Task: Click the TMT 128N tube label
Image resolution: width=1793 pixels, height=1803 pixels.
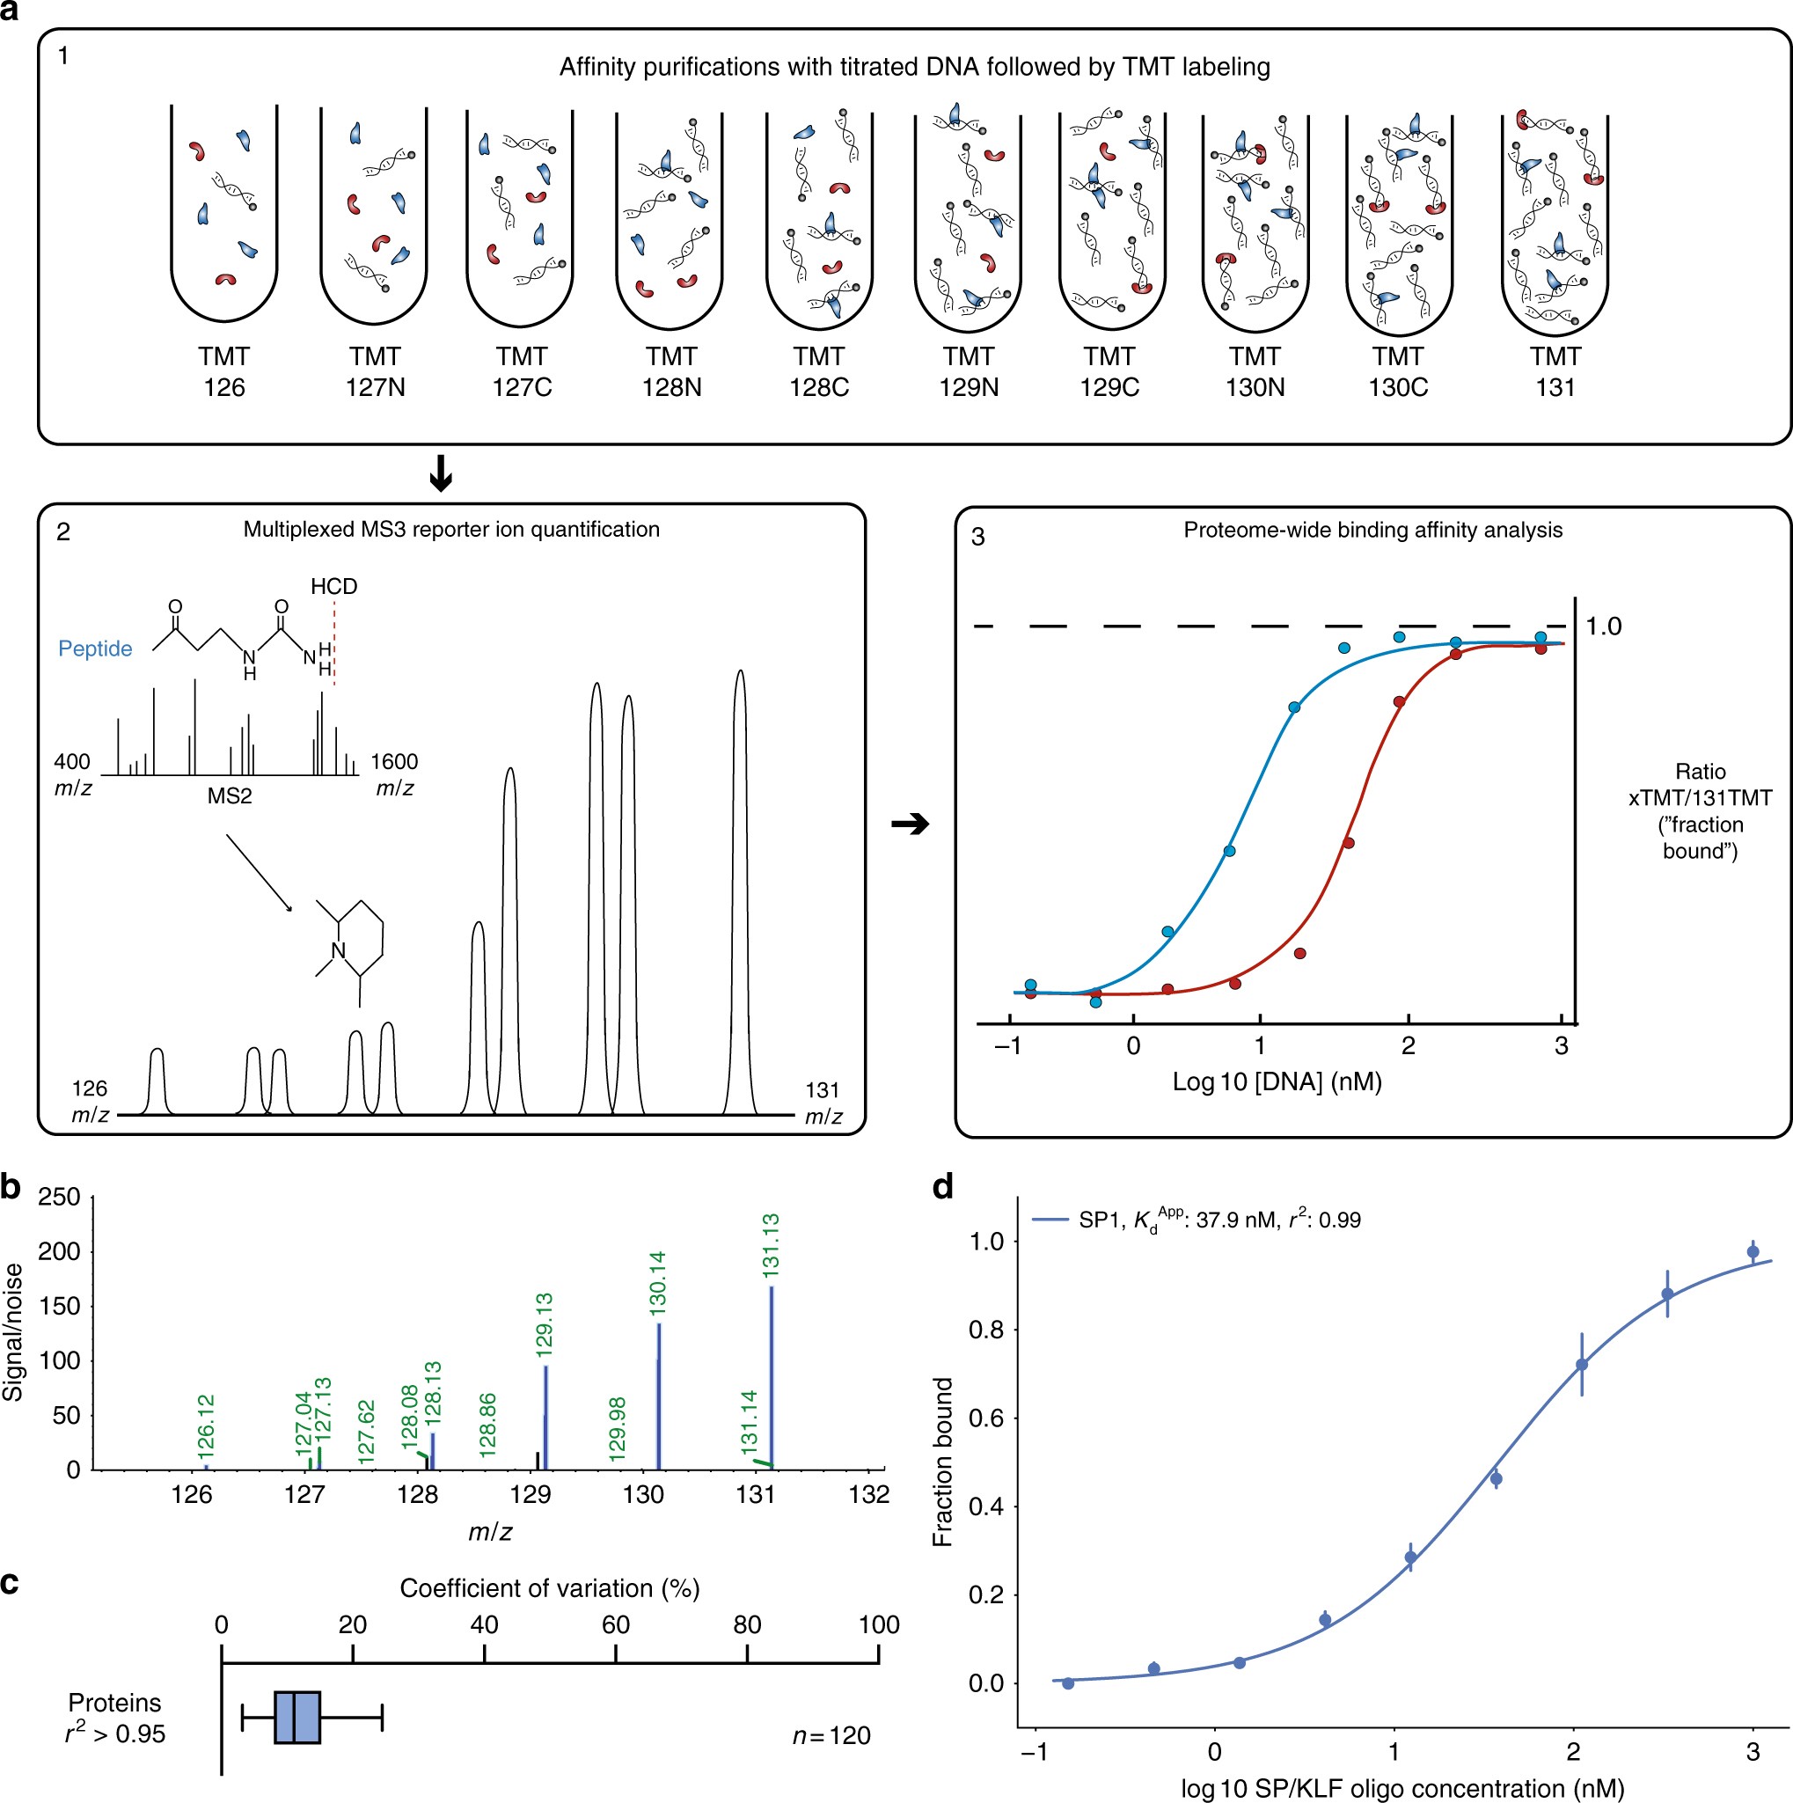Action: (671, 371)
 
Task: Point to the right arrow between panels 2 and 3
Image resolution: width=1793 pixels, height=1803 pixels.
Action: (911, 824)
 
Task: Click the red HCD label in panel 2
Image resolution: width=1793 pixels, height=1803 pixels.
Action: (334, 586)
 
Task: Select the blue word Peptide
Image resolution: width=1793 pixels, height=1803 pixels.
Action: (95, 649)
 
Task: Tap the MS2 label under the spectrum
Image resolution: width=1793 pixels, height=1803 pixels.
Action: (230, 796)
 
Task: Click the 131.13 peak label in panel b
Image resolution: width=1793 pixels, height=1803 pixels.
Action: (771, 1245)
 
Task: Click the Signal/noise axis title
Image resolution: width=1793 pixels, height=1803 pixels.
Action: (13, 1332)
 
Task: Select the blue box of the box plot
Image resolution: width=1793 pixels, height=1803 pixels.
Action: (297, 1717)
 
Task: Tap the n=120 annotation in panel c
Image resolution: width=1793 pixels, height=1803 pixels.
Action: (831, 1736)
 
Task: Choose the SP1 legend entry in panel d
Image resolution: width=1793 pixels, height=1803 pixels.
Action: (1197, 1219)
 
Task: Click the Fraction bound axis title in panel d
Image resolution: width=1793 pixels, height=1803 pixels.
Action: (943, 1462)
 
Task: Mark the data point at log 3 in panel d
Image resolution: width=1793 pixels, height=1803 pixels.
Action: (1753, 1252)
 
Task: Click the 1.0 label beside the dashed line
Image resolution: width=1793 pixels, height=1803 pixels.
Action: (1604, 627)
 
